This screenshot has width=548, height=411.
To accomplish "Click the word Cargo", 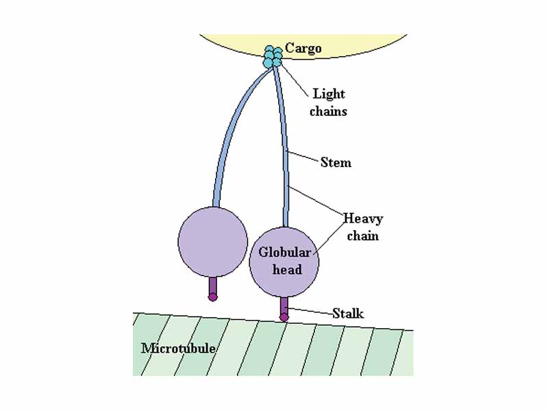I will (x=303, y=48).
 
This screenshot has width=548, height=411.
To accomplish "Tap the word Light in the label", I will (x=329, y=94).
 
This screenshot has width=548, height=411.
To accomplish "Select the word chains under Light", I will (x=328, y=110).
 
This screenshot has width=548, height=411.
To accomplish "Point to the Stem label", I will (x=336, y=163).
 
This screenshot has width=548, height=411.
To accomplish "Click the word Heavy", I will (x=363, y=219).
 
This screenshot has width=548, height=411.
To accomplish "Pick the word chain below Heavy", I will (x=363, y=236).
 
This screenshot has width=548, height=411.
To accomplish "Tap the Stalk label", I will (x=348, y=314).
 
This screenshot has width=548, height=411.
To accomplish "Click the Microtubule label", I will (x=178, y=348).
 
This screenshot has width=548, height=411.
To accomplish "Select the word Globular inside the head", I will (x=284, y=253).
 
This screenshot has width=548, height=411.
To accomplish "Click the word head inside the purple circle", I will (x=287, y=269).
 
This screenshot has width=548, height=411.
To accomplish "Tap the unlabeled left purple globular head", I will (x=212, y=240).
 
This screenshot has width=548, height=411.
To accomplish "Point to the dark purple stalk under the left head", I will (x=213, y=284).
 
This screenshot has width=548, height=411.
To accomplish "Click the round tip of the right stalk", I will (x=284, y=317).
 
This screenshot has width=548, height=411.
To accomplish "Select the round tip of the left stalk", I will (x=213, y=297).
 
